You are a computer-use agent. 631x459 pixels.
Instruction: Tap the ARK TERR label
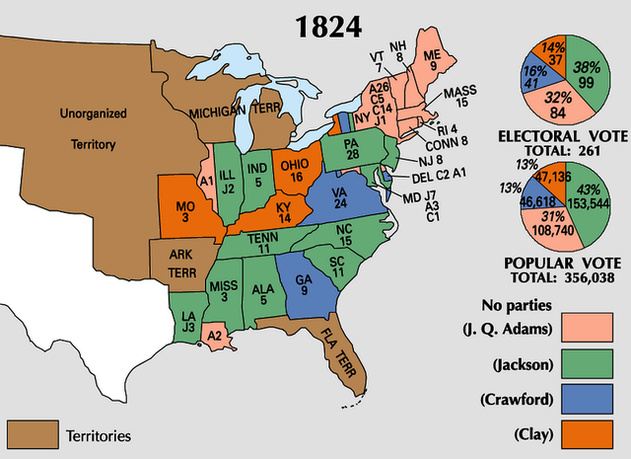pos(178,260)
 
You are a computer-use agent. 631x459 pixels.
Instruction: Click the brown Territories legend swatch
pos(32,434)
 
